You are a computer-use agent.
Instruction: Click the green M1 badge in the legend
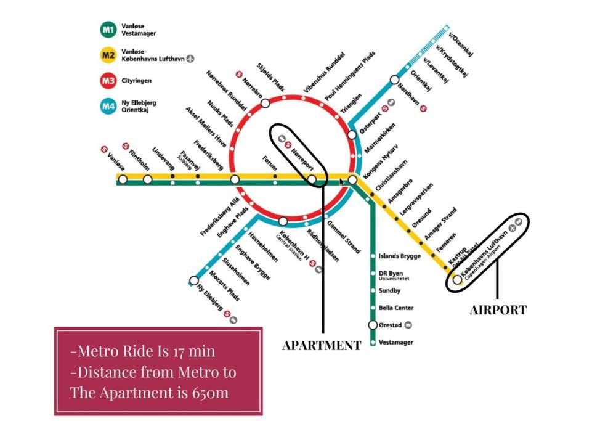pyautogui.click(x=108, y=30)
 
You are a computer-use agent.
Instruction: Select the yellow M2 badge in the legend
pyautogui.click(x=108, y=55)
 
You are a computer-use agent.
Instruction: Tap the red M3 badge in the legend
pyautogui.click(x=108, y=81)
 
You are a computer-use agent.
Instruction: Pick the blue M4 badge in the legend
pyautogui.click(x=108, y=106)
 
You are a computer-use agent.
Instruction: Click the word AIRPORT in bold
pyautogui.click(x=498, y=310)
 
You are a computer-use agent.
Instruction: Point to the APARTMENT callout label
pyautogui.click(x=321, y=346)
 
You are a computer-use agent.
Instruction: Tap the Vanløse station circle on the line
pyautogui.click(x=123, y=179)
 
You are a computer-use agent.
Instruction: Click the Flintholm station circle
pyautogui.click(x=147, y=179)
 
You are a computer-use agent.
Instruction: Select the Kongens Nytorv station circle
pyautogui.click(x=352, y=179)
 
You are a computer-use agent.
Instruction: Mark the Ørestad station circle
pyautogui.click(x=373, y=325)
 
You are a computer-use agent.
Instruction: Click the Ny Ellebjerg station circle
pyautogui.click(x=194, y=280)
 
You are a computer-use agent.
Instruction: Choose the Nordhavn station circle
pyautogui.click(x=394, y=80)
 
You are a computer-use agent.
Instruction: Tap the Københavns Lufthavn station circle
pyautogui.click(x=457, y=279)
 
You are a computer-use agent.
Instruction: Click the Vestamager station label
pyautogui.click(x=396, y=342)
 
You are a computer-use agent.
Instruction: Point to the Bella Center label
pyautogui.click(x=396, y=308)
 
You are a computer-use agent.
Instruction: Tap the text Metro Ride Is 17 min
pyautogui.click(x=143, y=351)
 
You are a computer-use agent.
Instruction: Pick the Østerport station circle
pyautogui.click(x=352, y=134)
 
